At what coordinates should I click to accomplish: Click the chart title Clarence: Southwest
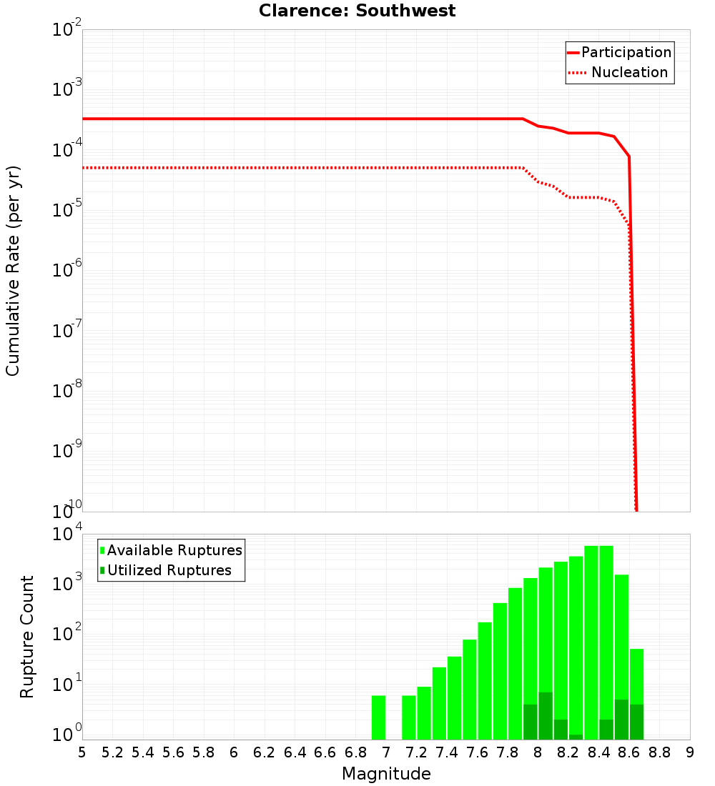[357, 11]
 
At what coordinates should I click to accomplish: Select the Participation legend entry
[626, 53]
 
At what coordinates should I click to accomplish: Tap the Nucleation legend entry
[629, 73]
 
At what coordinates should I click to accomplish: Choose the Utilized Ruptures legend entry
[169, 570]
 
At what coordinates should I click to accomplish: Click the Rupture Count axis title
[27, 636]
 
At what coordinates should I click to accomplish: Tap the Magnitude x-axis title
[386, 774]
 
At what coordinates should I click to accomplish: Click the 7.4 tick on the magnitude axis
[447, 752]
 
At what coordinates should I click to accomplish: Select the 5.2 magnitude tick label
[112, 752]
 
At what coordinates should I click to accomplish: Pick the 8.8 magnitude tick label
[659, 752]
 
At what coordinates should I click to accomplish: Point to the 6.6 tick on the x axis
[325, 752]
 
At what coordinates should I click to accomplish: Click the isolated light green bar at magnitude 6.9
[378, 717]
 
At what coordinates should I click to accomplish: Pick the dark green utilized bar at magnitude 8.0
[546, 715]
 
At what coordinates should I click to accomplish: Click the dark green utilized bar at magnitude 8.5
[621, 720]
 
